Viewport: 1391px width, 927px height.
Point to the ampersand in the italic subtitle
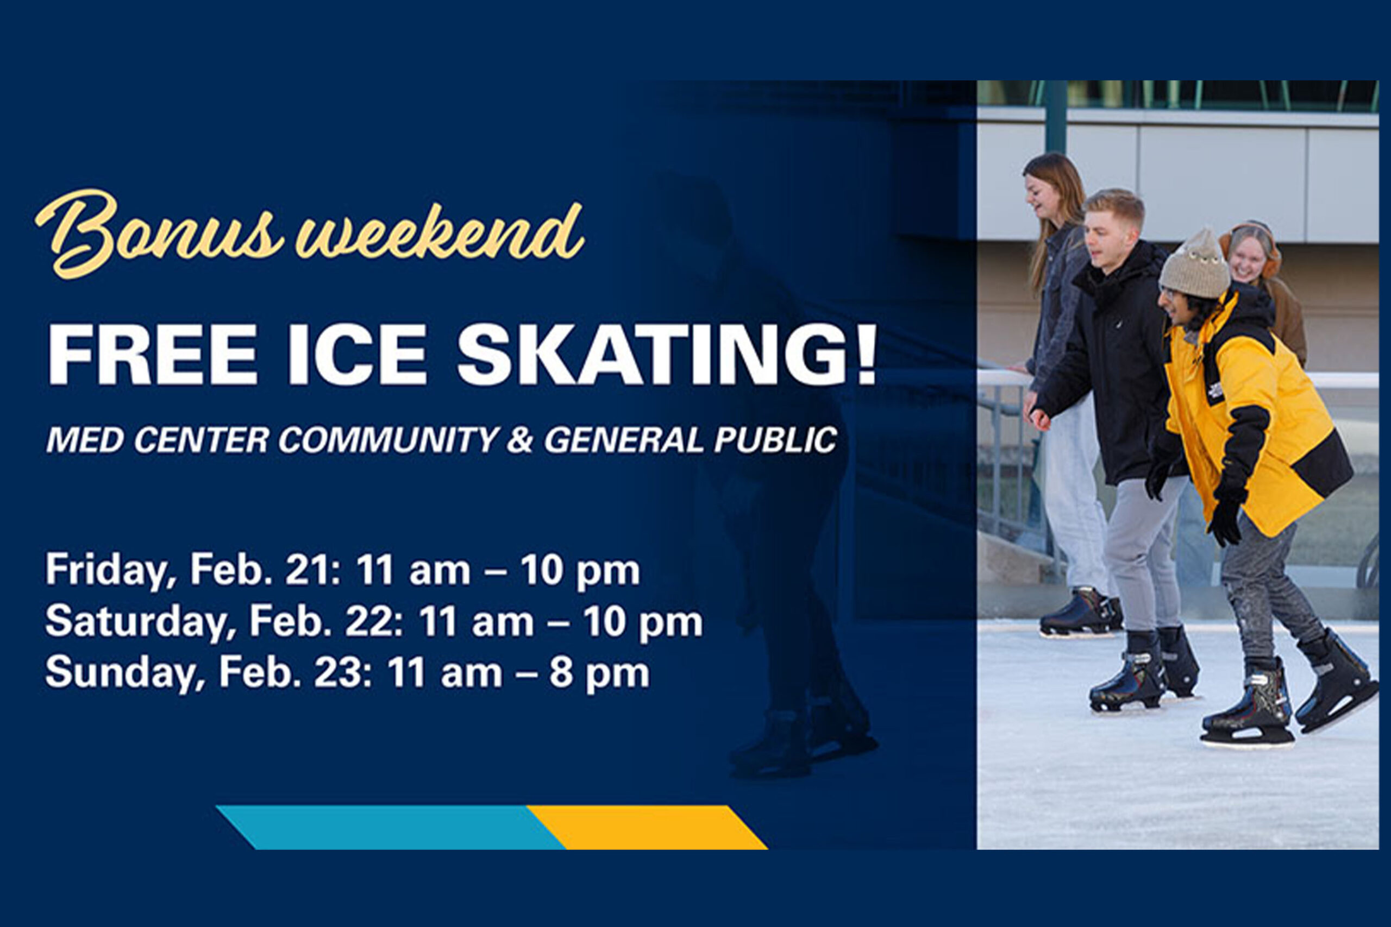point(520,440)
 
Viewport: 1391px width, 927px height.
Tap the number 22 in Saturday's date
point(366,622)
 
